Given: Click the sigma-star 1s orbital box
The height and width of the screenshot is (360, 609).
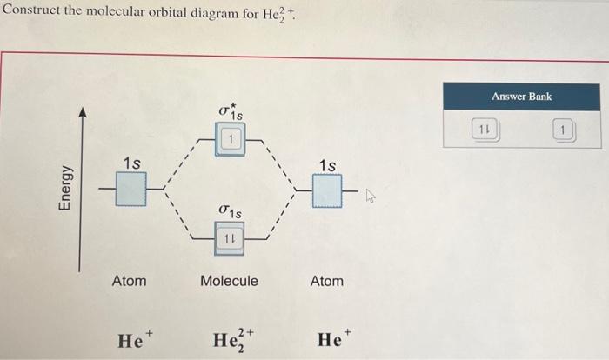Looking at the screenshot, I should pyautogui.click(x=230, y=139).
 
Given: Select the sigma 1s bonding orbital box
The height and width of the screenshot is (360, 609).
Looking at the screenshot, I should pyautogui.click(x=231, y=237).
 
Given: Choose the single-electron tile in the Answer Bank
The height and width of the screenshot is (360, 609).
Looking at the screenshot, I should pyautogui.click(x=564, y=131).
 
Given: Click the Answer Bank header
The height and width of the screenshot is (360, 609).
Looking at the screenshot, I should pyautogui.click(x=521, y=96).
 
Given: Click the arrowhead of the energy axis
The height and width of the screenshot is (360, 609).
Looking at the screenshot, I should pyautogui.click(x=83, y=113).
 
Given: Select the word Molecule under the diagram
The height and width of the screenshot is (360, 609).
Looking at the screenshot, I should pyautogui.click(x=230, y=281).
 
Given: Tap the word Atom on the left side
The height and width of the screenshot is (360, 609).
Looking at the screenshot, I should pyautogui.click(x=130, y=281).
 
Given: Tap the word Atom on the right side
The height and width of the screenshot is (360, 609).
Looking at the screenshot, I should pyautogui.click(x=327, y=281).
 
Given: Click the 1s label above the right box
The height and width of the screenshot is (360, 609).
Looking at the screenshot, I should pyautogui.click(x=328, y=164).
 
